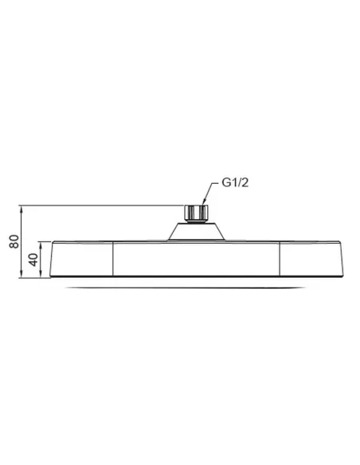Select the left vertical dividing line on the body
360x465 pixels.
(113, 259)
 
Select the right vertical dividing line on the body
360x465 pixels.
(280, 259)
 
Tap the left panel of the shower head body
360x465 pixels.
(83, 259)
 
